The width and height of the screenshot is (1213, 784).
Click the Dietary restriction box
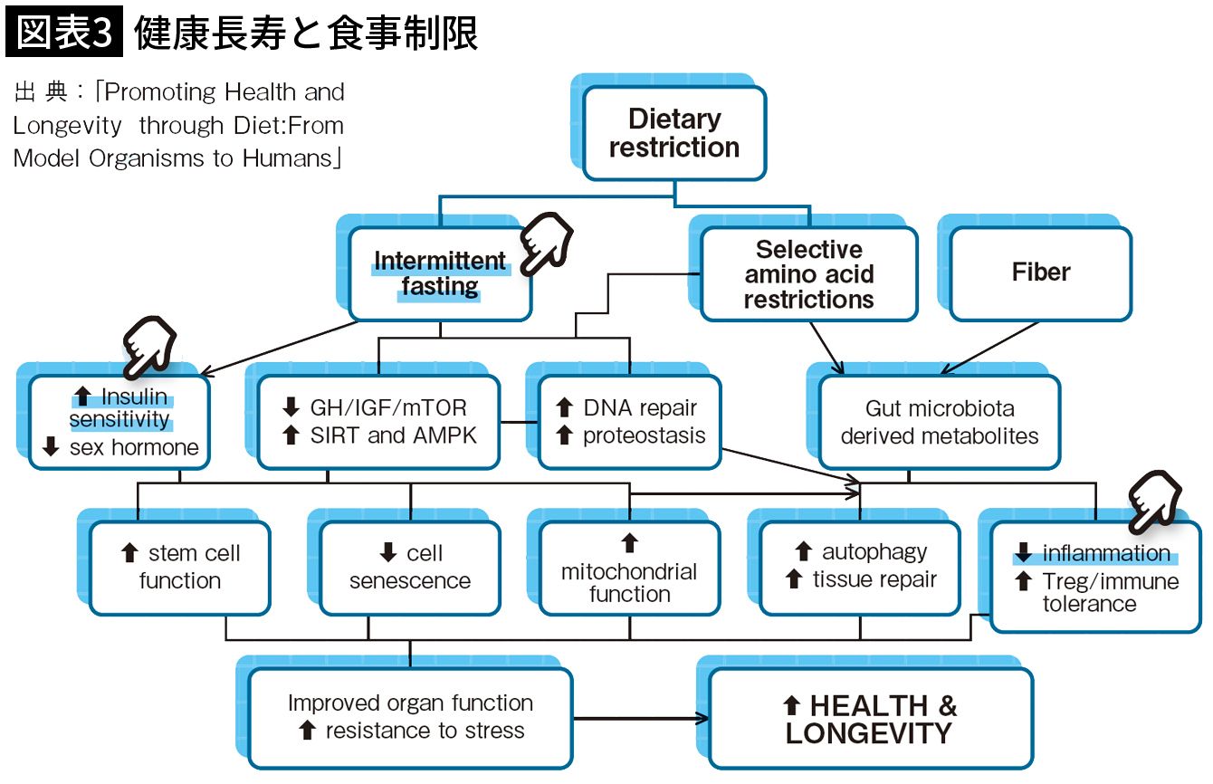click(674, 133)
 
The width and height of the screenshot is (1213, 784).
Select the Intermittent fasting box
click(439, 274)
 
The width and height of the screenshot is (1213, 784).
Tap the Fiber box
click(1040, 272)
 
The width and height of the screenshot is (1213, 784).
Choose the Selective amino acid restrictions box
click(808, 274)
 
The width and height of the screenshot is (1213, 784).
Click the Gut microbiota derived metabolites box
click(939, 422)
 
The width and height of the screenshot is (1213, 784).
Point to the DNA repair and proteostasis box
click(630, 422)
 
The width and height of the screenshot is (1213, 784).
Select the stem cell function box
click(180, 567)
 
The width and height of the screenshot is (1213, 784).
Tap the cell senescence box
click(410, 567)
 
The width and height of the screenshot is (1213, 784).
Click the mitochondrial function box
click(629, 569)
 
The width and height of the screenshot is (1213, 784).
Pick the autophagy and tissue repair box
click(860, 567)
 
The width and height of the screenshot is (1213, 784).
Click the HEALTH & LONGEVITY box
click(870, 719)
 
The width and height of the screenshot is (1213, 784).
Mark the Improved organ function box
click(410, 717)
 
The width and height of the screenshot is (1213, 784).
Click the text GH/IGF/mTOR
click(389, 408)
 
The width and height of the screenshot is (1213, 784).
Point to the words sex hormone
click(133, 447)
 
